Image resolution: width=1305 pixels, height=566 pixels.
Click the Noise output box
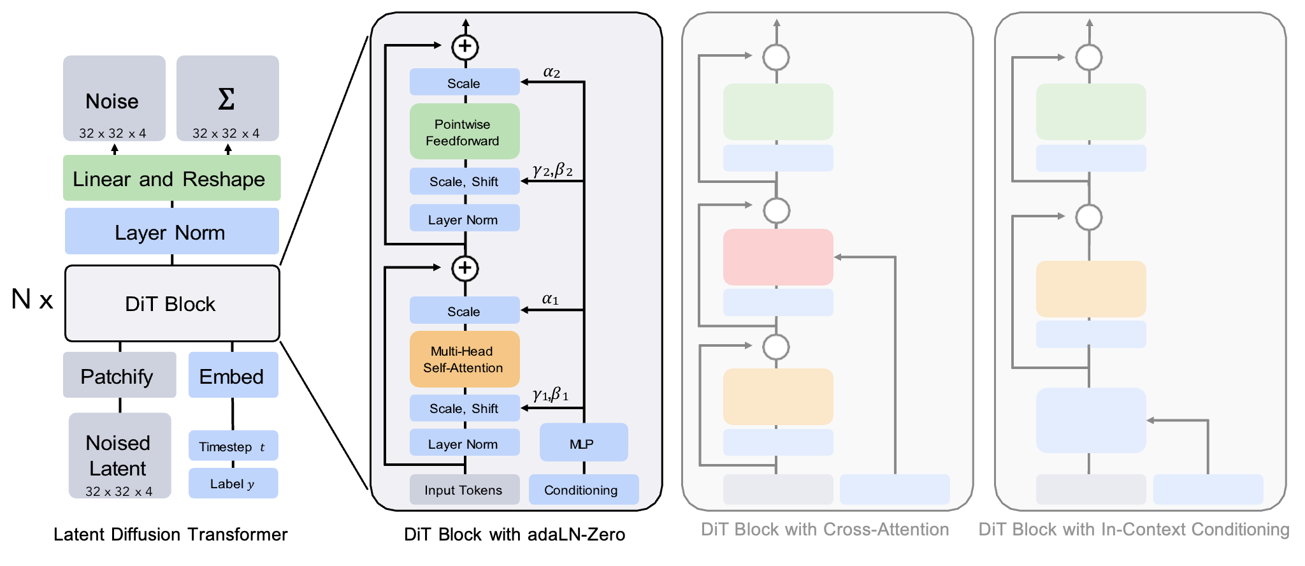114,98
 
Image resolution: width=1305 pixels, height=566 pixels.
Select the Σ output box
227,98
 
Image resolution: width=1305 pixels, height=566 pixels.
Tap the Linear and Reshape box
171,178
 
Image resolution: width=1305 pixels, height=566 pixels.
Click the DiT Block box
172,303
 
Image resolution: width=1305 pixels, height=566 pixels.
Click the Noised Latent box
120,455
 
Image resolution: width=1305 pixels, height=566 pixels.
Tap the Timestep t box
233,446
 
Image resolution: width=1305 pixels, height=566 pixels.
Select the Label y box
233,483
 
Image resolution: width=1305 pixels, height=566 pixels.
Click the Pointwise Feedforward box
465,131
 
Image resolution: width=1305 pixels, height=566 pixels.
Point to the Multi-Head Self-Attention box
465,359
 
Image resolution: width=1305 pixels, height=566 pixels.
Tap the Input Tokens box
465,490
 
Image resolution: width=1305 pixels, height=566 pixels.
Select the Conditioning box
584,490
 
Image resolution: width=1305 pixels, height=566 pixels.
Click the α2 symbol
552,72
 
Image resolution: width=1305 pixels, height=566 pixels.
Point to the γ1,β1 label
551,395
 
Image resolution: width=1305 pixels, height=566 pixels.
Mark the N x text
32,299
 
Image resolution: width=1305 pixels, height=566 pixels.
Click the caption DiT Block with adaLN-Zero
515,534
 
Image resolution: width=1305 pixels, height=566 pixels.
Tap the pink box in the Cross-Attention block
778,257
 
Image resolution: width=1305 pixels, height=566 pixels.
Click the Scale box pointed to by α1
465,310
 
